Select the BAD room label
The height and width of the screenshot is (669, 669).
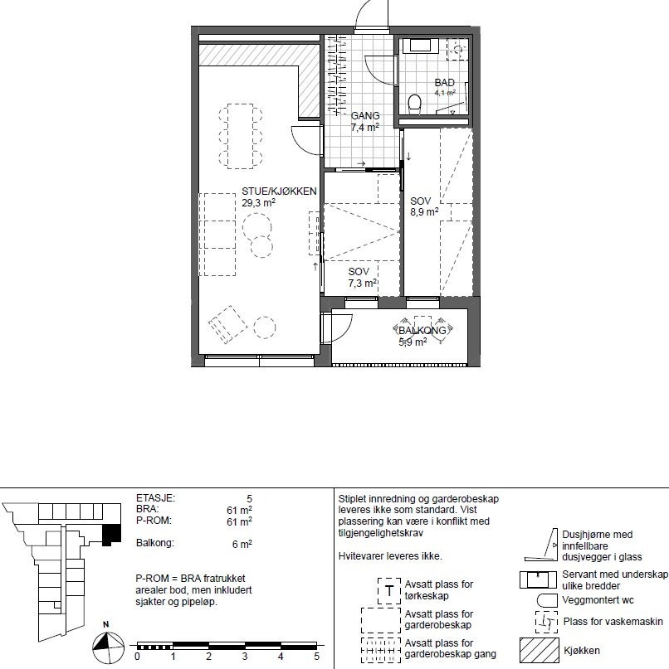445,83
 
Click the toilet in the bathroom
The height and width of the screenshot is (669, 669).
414,102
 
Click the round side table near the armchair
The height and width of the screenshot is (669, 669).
265,328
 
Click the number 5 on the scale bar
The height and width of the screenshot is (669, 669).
316,656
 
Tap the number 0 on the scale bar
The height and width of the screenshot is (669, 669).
137,656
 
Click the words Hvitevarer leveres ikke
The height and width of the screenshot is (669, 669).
390,556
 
